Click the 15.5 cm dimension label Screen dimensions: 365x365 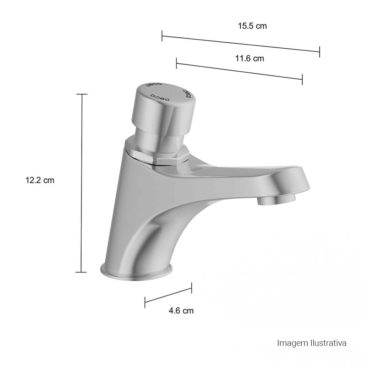tap(252, 26)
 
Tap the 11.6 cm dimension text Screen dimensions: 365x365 tap(249, 58)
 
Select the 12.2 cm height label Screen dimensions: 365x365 tap(40, 180)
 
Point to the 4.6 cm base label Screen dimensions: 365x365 tap(181, 311)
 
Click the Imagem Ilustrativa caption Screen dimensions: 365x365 tap(312, 338)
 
